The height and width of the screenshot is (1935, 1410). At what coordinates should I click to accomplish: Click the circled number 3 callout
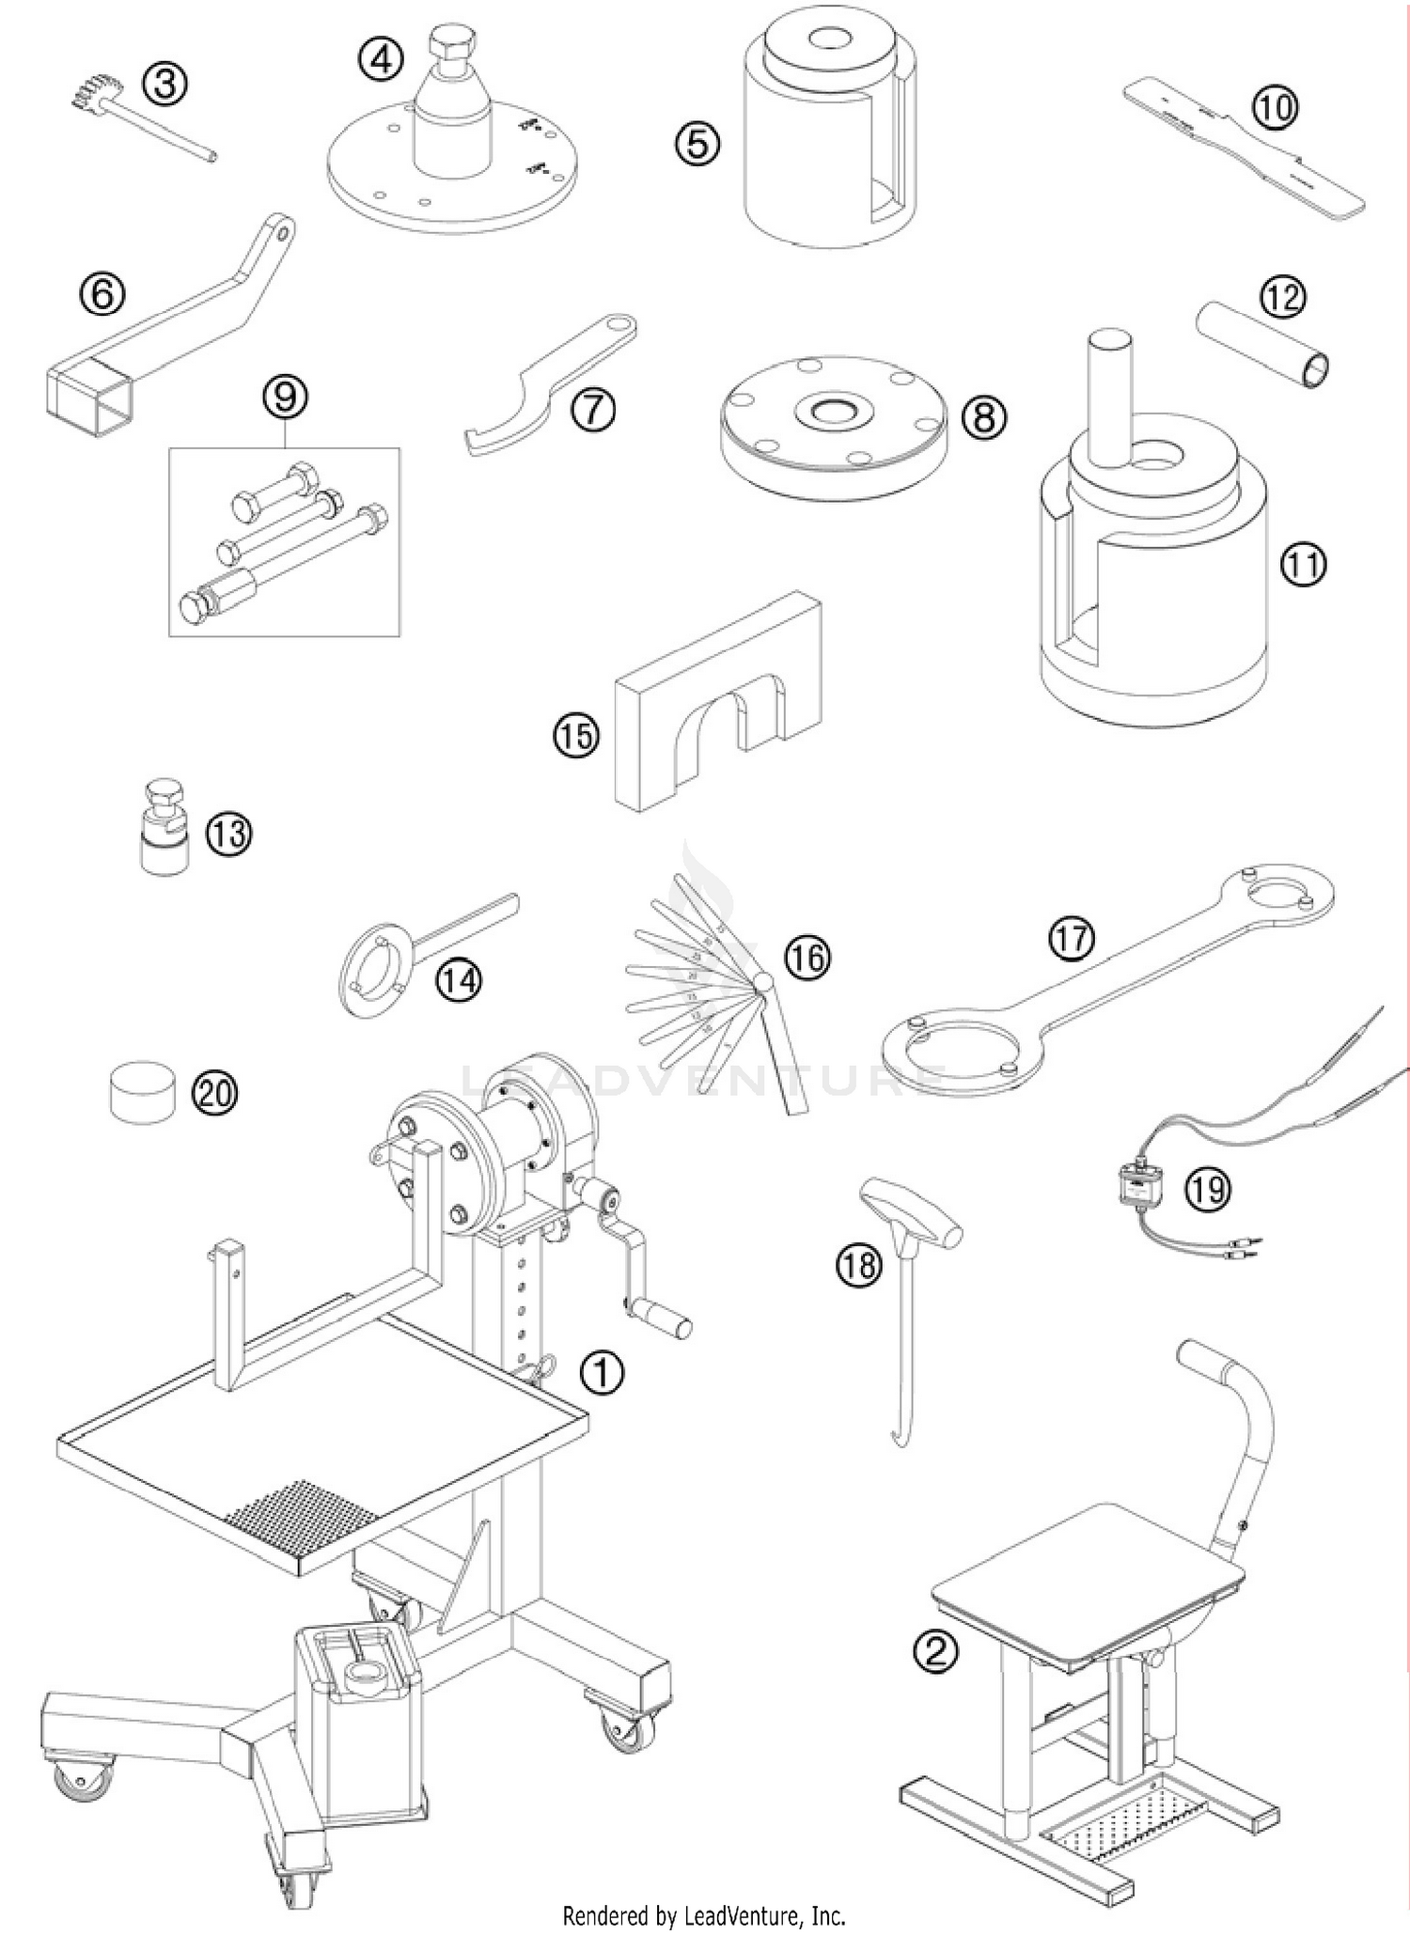click(164, 86)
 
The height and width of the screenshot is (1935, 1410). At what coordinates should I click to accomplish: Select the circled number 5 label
click(697, 144)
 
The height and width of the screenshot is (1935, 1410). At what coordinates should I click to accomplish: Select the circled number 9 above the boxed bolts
click(286, 397)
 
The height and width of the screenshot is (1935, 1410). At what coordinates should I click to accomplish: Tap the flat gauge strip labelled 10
click(1241, 160)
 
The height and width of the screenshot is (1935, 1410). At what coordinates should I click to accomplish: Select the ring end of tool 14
click(373, 977)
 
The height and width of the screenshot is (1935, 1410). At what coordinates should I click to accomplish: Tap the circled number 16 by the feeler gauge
click(807, 958)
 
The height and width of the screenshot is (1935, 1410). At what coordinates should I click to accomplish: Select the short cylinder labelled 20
click(143, 1091)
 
